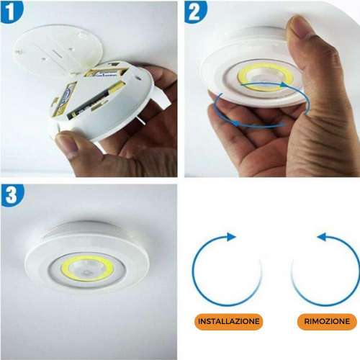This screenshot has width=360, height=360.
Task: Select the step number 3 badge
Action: point(13,196)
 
